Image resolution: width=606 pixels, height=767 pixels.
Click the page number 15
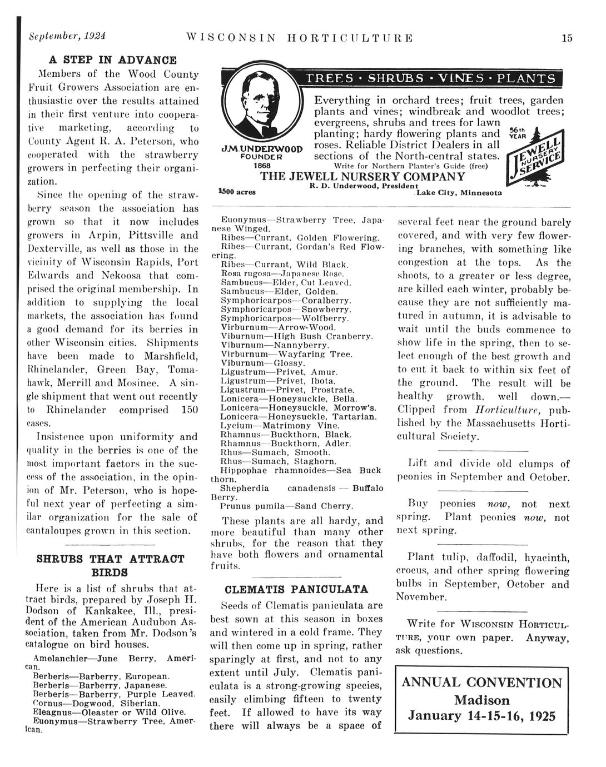click(567, 38)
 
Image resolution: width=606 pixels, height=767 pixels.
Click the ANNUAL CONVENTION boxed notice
click(481, 699)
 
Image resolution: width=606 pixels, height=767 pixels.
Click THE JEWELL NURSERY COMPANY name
click(362, 176)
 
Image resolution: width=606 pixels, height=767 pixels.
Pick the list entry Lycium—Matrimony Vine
click(272, 425)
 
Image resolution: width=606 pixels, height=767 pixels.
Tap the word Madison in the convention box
click(481, 699)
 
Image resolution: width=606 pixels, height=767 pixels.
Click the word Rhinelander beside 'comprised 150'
click(77, 410)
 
